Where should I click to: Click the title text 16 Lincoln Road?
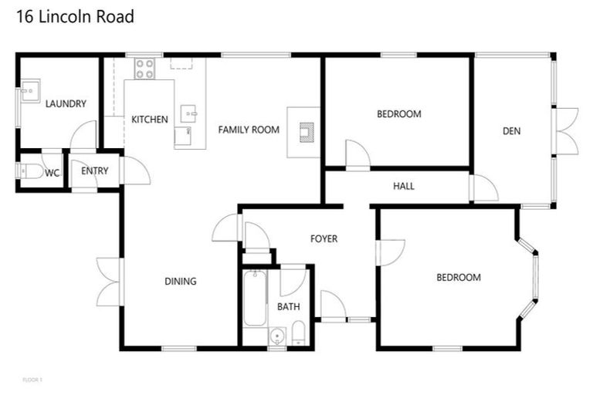pos(75,17)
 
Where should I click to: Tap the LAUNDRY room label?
pos(66,104)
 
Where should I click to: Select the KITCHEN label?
pos(150,120)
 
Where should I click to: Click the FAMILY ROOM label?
pos(249,130)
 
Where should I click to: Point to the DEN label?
pos(511,131)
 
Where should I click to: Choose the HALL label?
pos(404,186)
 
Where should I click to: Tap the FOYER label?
pos(324,239)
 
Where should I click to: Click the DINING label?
pos(181,282)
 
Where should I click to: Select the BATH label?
pos(289,306)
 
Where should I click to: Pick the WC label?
pos(52,173)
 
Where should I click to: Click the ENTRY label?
pos(95,171)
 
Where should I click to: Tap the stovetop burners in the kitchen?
pos(144,69)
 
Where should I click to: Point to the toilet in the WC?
pos(31,171)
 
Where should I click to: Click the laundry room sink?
pos(30,93)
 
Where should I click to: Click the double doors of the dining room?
pos(109,280)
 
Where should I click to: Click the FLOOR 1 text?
pos(32,379)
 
